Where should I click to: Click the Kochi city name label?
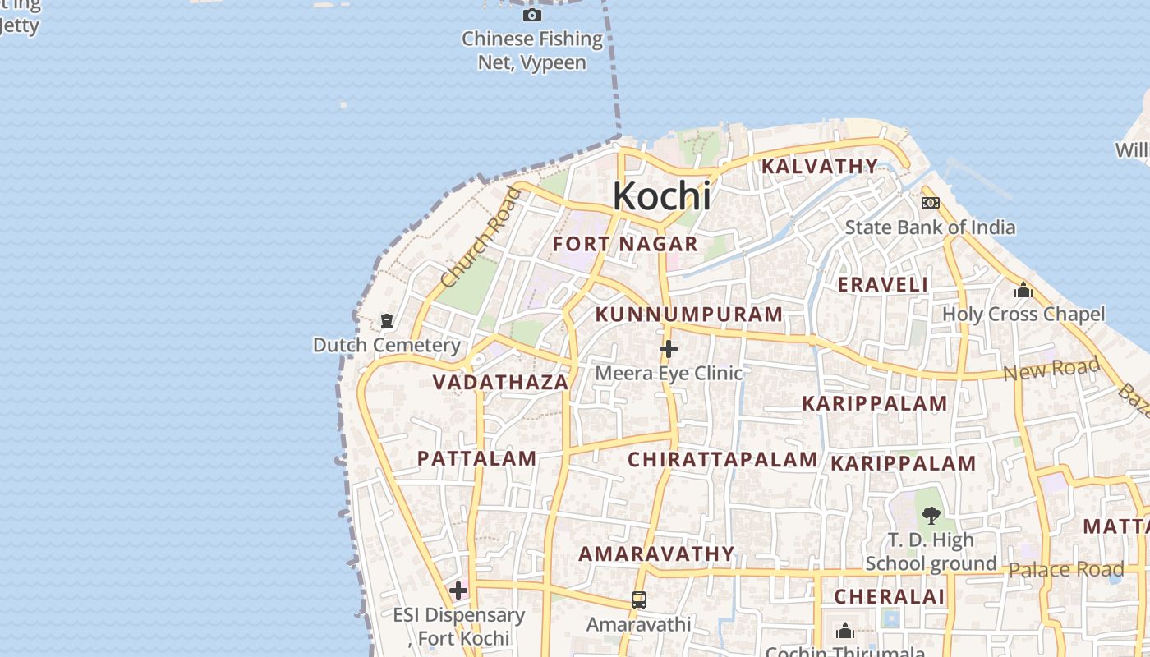click(661, 196)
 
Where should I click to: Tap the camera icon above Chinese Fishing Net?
click(532, 15)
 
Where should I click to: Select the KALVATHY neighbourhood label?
click(820, 166)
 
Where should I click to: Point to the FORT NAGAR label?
click(625, 244)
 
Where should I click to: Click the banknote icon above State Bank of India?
click(931, 202)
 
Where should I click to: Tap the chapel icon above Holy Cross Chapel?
click(1023, 290)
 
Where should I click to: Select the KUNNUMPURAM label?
click(689, 315)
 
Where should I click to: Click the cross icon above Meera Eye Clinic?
click(669, 349)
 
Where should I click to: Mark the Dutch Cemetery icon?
click(387, 321)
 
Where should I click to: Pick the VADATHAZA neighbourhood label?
click(500, 382)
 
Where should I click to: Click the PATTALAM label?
click(477, 458)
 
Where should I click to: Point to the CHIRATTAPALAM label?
click(723, 459)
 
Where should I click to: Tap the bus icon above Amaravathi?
click(639, 600)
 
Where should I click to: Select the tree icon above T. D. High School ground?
click(931, 516)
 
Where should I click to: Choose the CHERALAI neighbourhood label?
click(890, 597)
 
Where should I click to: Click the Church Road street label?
click(481, 237)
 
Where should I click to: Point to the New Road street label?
click(1051, 370)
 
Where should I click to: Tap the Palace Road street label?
click(1066, 570)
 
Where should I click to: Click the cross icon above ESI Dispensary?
click(458, 590)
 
